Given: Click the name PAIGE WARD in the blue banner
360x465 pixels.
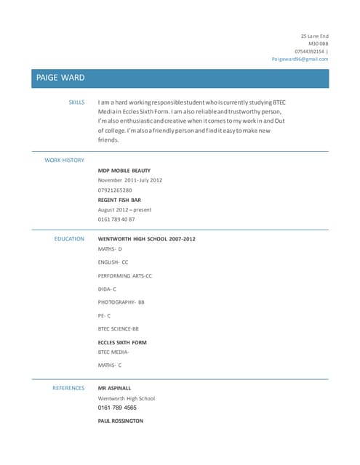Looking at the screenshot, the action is click(x=60, y=78).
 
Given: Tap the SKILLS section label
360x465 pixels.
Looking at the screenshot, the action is click(x=76, y=102).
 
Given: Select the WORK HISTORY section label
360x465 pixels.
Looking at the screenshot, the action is click(x=65, y=160).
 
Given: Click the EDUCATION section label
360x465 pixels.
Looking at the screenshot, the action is click(x=70, y=238).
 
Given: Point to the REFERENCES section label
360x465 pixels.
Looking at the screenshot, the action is click(x=68, y=388).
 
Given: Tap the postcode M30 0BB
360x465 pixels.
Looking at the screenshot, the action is click(x=319, y=44).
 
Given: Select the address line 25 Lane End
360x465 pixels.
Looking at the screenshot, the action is click(x=315, y=36).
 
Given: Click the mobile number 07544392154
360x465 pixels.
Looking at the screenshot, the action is click(x=310, y=52).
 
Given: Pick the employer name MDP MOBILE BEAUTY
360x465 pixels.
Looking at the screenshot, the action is click(x=124, y=170).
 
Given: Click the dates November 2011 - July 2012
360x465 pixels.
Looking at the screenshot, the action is click(x=130, y=180).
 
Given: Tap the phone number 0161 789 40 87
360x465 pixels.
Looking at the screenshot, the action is click(x=116, y=219).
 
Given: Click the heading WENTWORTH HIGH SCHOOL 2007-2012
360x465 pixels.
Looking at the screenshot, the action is click(x=147, y=238).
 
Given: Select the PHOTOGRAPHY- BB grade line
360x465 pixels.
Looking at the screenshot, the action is click(x=121, y=302).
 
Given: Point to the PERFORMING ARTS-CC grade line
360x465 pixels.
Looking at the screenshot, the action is click(x=125, y=276).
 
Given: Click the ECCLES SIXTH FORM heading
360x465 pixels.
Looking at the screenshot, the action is click(x=122, y=342).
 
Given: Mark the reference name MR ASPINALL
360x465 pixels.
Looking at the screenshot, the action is click(x=115, y=388).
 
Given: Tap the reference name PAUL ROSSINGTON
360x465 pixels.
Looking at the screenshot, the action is click(x=121, y=421).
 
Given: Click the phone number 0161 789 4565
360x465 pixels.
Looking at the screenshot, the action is click(x=117, y=408).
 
